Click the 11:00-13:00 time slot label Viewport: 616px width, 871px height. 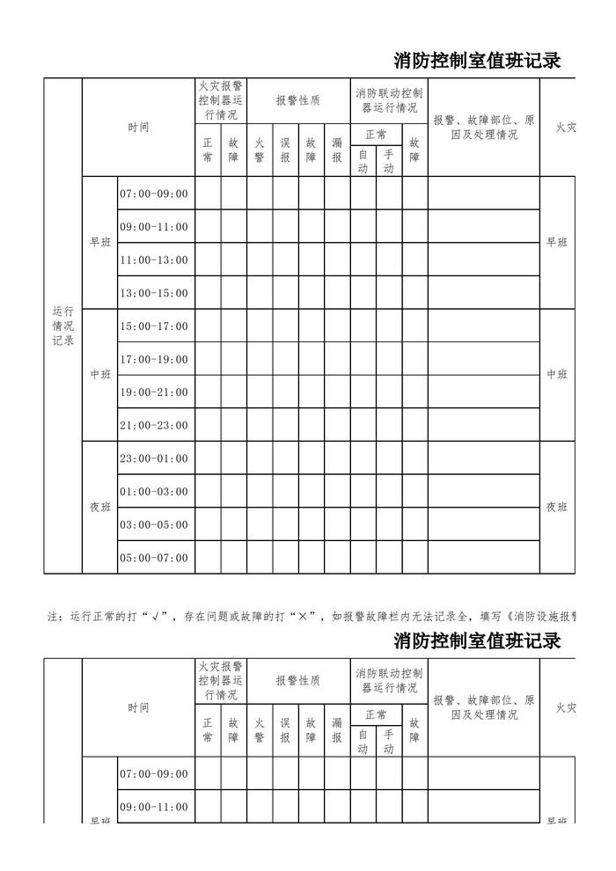(x=154, y=260)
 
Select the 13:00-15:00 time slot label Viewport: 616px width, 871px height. (x=154, y=293)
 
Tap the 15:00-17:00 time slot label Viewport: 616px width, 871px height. (x=154, y=326)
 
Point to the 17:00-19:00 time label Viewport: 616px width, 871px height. (x=154, y=359)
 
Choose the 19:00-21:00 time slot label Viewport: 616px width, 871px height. (x=154, y=392)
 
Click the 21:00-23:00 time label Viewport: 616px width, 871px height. (x=154, y=426)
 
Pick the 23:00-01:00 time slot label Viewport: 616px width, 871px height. (x=154, y=458)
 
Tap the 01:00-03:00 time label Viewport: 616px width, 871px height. (x=154, y=492)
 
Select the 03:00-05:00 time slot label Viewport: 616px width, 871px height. (x=154, y=525)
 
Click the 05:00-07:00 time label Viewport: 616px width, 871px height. (x=154, y=558)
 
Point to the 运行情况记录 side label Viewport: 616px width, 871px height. (x=62, y=326)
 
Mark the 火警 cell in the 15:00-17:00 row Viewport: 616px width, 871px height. (x=260, y=326)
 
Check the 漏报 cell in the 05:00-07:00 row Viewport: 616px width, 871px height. (x=337, y=558)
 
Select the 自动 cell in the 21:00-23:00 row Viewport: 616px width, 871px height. (x=363, y=426)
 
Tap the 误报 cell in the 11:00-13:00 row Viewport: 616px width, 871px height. (x=285, y=260)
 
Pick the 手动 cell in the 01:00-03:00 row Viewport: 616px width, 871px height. (x=389, y=492)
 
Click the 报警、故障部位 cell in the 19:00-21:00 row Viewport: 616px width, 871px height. (x=483, y=392)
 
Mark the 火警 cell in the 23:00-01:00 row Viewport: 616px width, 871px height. (x=260, y=458)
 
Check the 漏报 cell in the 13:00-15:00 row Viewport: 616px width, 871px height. (x=337, y=293)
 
